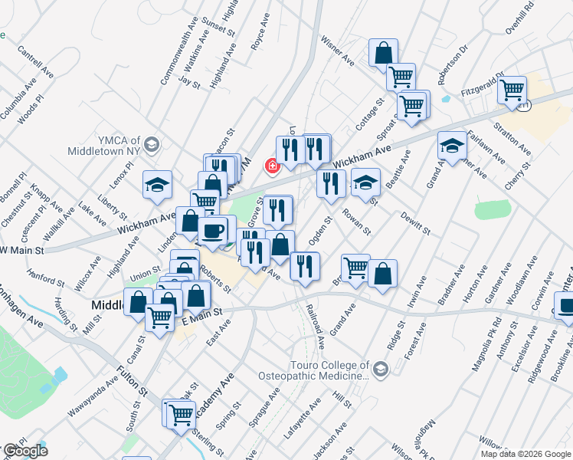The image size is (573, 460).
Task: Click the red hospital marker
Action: [270, 165]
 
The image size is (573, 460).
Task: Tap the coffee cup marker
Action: [212, 228]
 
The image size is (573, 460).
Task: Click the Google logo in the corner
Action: [25, 451]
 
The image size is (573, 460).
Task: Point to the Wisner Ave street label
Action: [337, 50]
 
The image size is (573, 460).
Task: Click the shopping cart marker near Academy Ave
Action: [182, 414]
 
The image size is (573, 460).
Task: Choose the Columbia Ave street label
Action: [14, 103]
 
